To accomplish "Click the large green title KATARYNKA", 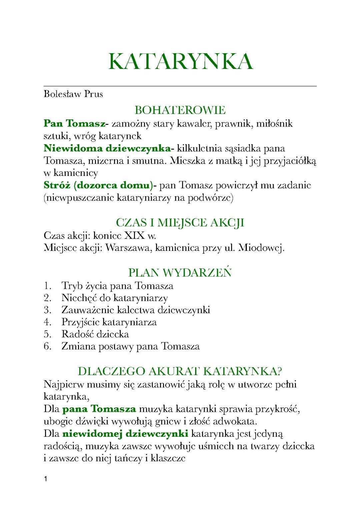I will [x=180, y=61].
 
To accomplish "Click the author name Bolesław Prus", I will [x=73, y=94].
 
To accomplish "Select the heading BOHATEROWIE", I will [x=180, y=110].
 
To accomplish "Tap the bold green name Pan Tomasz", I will [x=74, y=123].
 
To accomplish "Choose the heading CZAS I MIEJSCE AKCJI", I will [x=180, y=222].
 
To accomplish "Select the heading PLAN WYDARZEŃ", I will [x=180, y=272].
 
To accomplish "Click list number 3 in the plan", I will [x=47, y=310].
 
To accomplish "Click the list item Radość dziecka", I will [x=95, y=334].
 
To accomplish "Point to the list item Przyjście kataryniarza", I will [x=109, y=322].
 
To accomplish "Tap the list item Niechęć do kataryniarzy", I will [x=114, y=297].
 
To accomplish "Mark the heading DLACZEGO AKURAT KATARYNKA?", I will [x=180, y=371].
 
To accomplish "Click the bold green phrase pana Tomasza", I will [x=99, y=409].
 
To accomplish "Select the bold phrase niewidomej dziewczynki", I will [x=125, y=434].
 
